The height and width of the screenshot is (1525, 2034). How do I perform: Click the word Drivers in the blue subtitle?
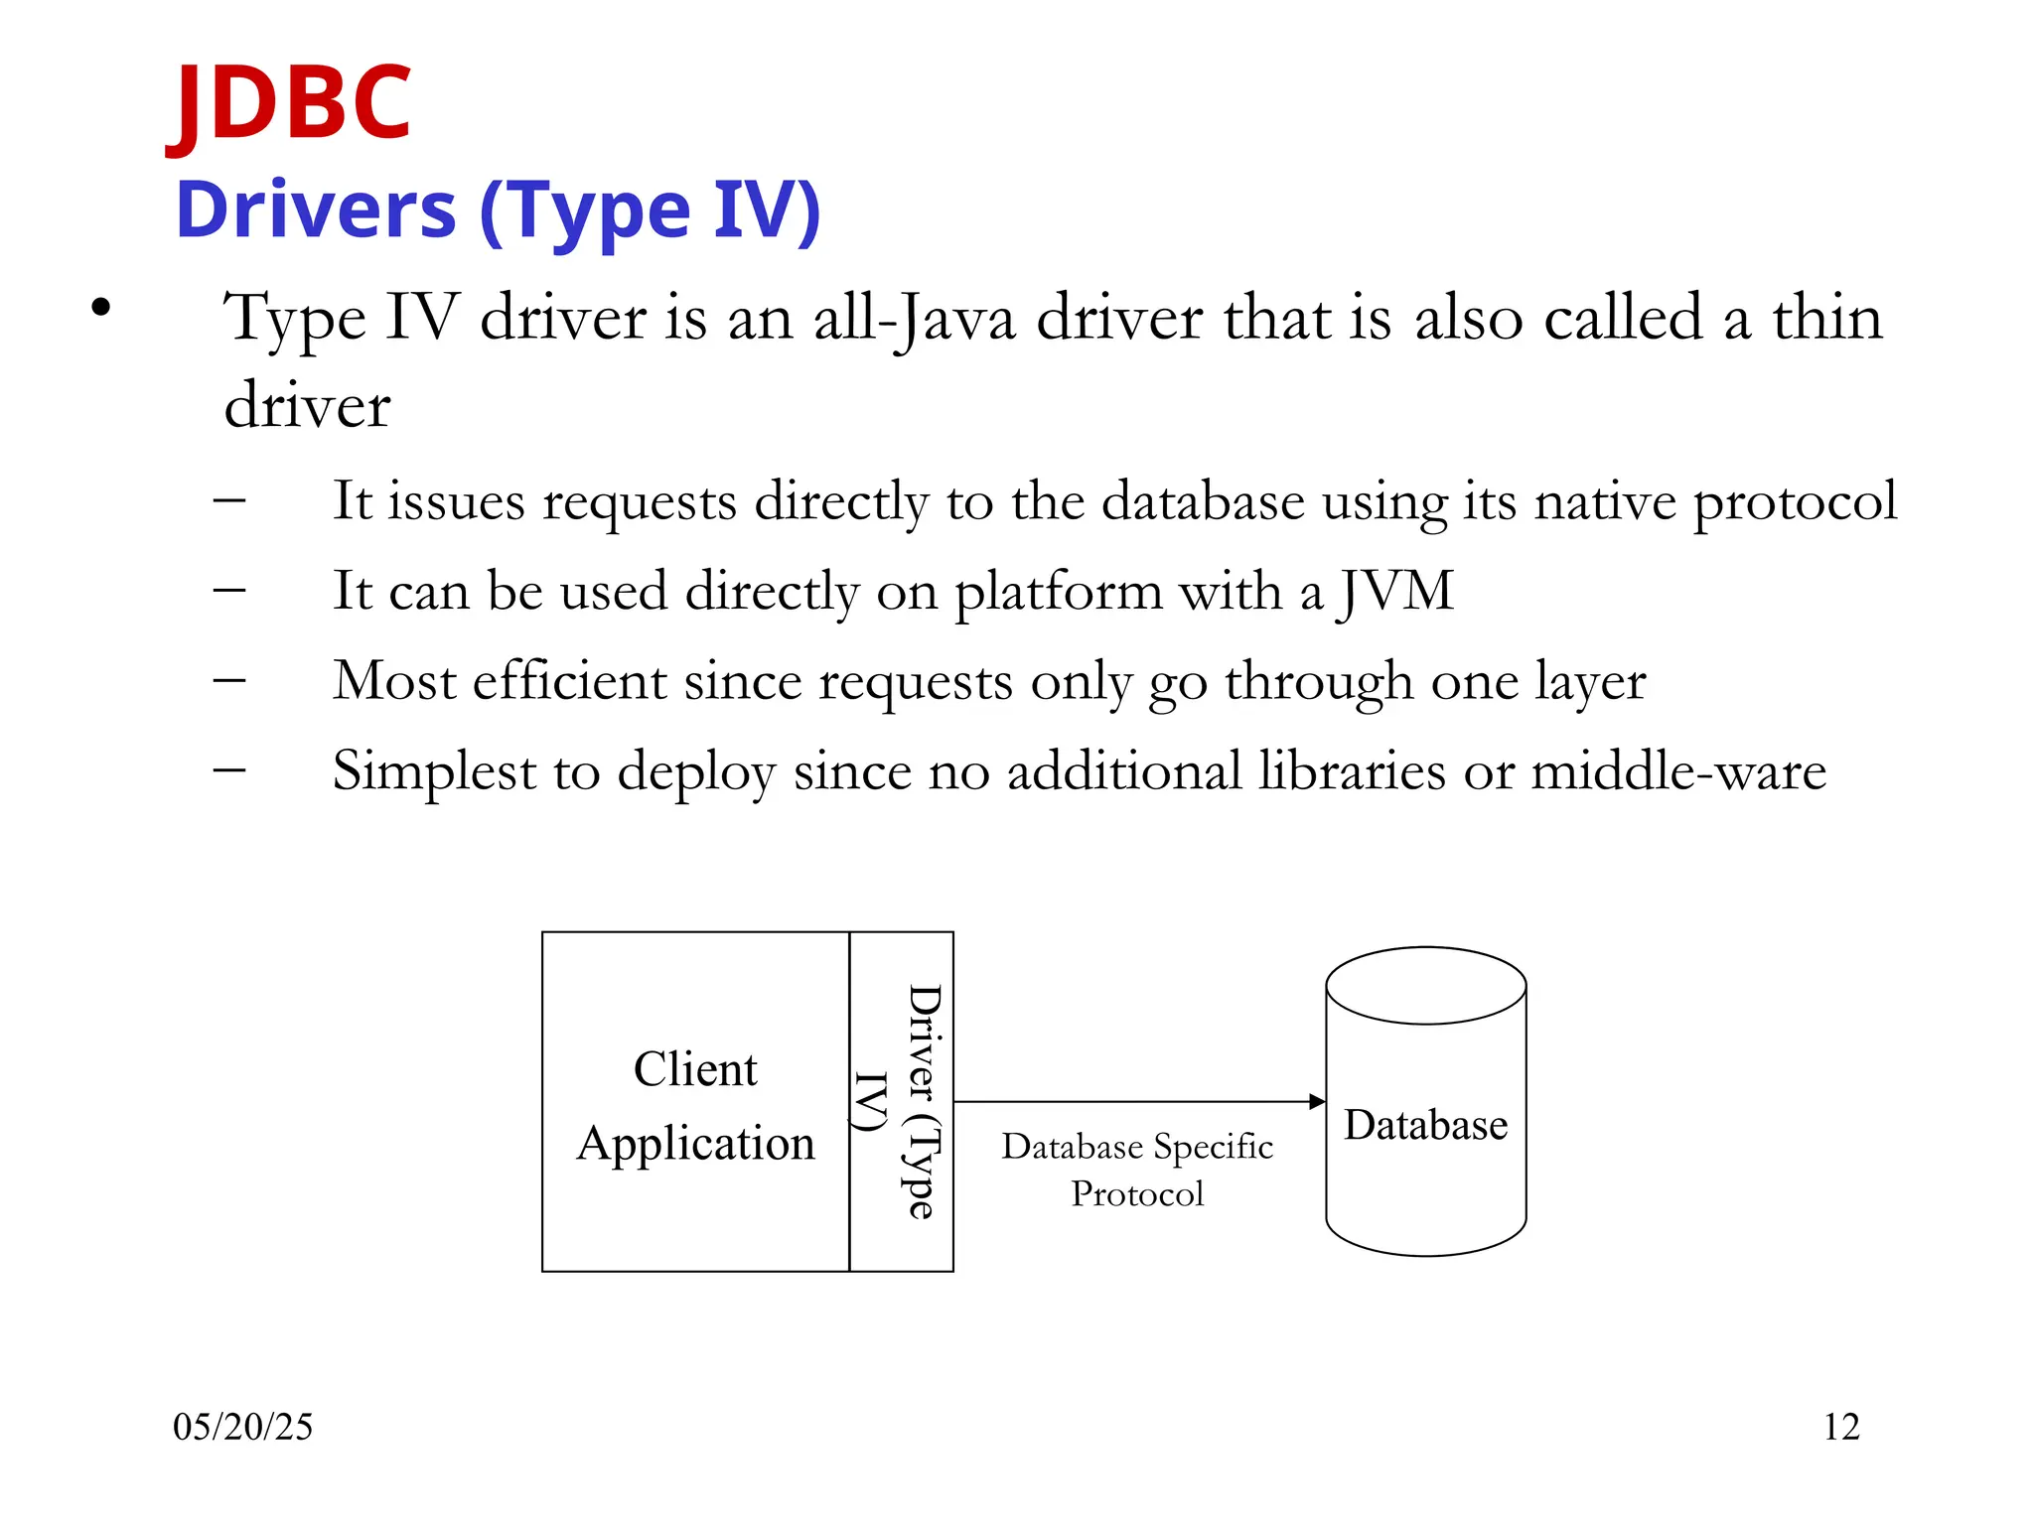[316, 210]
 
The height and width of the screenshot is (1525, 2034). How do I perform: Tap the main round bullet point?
[100, 308]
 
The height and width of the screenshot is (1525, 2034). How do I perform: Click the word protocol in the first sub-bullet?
[1795, 502]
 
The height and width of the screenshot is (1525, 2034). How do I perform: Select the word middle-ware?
[1678, 771]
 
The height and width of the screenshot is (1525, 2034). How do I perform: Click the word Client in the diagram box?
[695, 1070]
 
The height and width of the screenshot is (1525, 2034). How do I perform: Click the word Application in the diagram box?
[695, 1144]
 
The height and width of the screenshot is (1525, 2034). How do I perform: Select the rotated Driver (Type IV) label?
[902, 1102]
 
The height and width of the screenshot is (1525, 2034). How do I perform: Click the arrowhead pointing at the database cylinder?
[1317, 1101]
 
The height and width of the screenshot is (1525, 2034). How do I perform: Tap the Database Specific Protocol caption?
[1137, 1170]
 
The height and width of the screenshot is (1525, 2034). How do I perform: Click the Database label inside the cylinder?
[1425, 1126]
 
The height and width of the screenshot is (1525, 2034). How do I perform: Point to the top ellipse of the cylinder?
[1425, 985]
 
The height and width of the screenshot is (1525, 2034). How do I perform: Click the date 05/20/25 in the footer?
[242, 1428]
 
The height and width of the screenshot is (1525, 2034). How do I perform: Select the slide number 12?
[1840, 1428]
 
